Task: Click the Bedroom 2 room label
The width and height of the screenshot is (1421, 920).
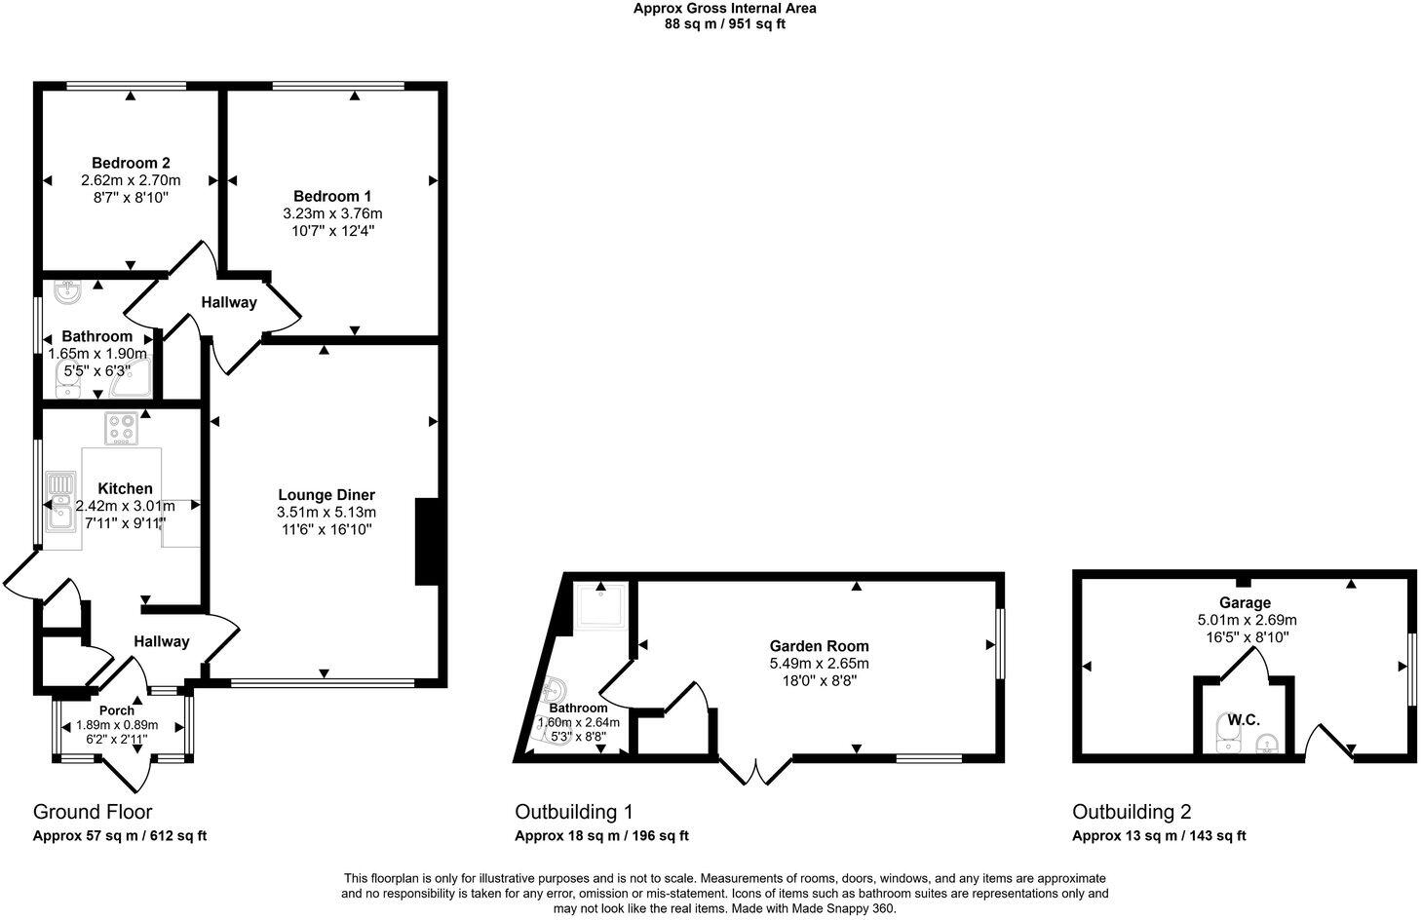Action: (131, 163)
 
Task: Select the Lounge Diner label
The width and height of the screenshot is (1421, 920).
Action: (326, 495)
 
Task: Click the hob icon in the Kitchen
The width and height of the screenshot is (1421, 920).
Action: (121, 429)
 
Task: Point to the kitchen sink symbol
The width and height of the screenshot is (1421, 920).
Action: (61, 501)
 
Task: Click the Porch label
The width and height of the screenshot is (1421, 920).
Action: (117, 710)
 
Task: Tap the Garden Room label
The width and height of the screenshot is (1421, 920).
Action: (819, 646)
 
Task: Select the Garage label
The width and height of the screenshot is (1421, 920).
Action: (1245, 603)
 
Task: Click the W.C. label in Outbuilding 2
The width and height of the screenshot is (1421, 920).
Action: (1244, 720)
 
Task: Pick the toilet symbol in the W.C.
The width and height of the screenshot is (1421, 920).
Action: (1225, 733)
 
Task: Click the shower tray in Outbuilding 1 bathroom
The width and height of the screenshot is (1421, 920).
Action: (601, 605)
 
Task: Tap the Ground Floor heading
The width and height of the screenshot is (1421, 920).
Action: (93, 812)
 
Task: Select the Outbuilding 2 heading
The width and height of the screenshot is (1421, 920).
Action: (1132, 812)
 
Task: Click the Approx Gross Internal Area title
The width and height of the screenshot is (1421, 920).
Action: (724, 9)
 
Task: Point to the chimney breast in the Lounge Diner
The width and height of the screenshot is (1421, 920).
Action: (427, 542)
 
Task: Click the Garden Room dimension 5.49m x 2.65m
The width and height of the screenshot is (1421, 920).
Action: (819, 664)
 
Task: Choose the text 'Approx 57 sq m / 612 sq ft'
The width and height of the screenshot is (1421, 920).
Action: (120, 836)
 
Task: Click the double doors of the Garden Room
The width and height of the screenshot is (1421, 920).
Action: (756, 770)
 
